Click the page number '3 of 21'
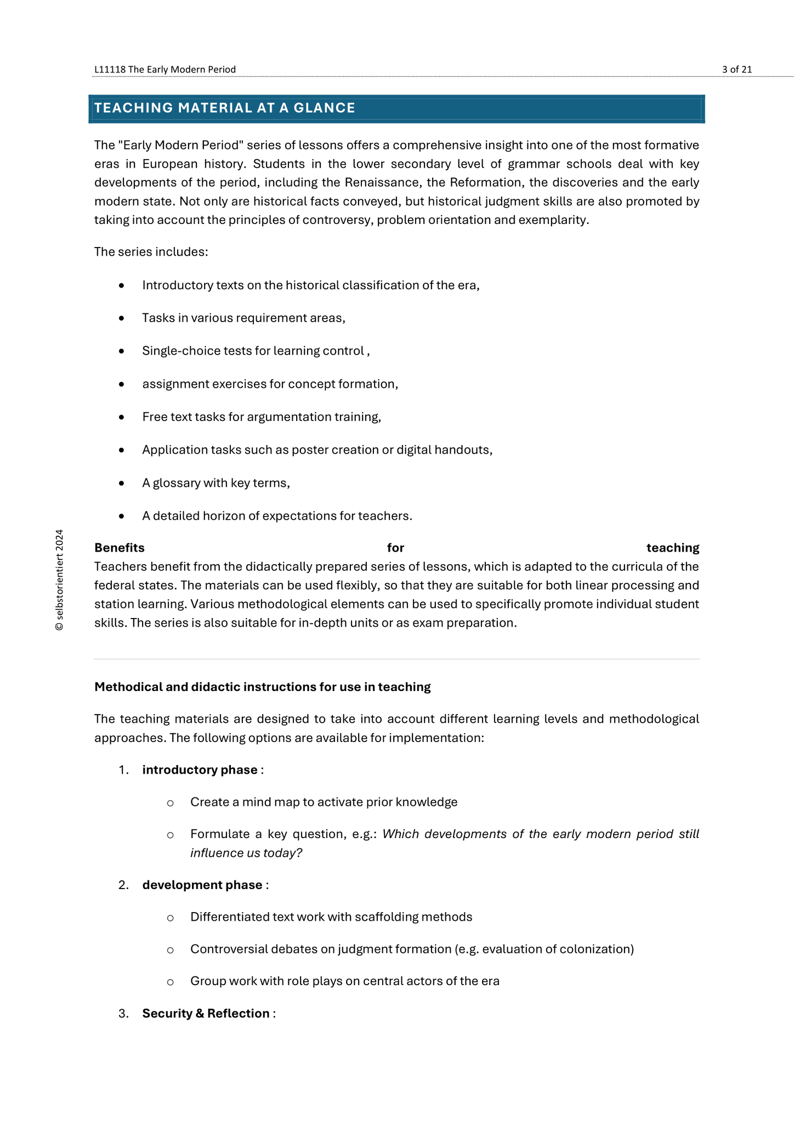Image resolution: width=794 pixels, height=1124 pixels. (736, 69)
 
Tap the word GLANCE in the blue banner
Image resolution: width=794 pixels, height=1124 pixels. (324, 108)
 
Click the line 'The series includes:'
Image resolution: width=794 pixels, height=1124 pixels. (151, 252)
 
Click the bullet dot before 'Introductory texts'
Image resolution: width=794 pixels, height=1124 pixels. (121, 285)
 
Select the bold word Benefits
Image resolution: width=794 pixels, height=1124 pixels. (120, 548)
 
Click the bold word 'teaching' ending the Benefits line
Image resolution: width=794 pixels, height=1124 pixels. (672, 548)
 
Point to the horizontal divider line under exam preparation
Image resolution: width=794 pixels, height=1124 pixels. (396, 659)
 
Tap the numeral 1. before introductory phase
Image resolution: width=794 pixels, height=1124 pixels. (123, 770)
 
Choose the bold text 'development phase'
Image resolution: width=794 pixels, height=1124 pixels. (202, 885)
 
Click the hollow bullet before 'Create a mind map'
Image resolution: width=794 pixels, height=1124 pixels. (171, 803)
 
